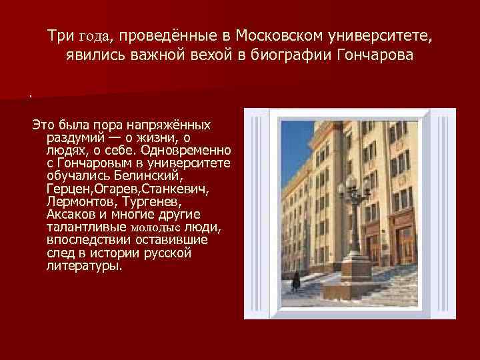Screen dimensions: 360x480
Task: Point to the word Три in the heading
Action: (60, 33)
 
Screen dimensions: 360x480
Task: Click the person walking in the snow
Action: (295, 280)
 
